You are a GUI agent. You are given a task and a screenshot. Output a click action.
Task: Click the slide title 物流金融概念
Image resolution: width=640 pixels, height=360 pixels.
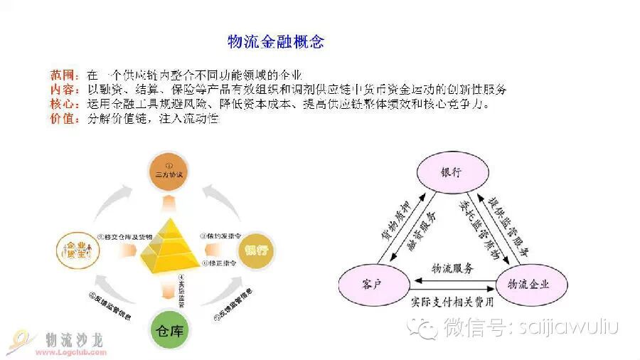(x=275, y=41)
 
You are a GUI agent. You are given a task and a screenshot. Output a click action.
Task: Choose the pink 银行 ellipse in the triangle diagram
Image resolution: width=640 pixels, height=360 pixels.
(x=451, y=172)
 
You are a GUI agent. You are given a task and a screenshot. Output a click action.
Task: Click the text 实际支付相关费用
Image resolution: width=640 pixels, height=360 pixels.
(x=452, y=301)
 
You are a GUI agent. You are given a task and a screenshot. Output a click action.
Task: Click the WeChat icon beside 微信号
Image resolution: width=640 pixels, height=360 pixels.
(x=428, y=327)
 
